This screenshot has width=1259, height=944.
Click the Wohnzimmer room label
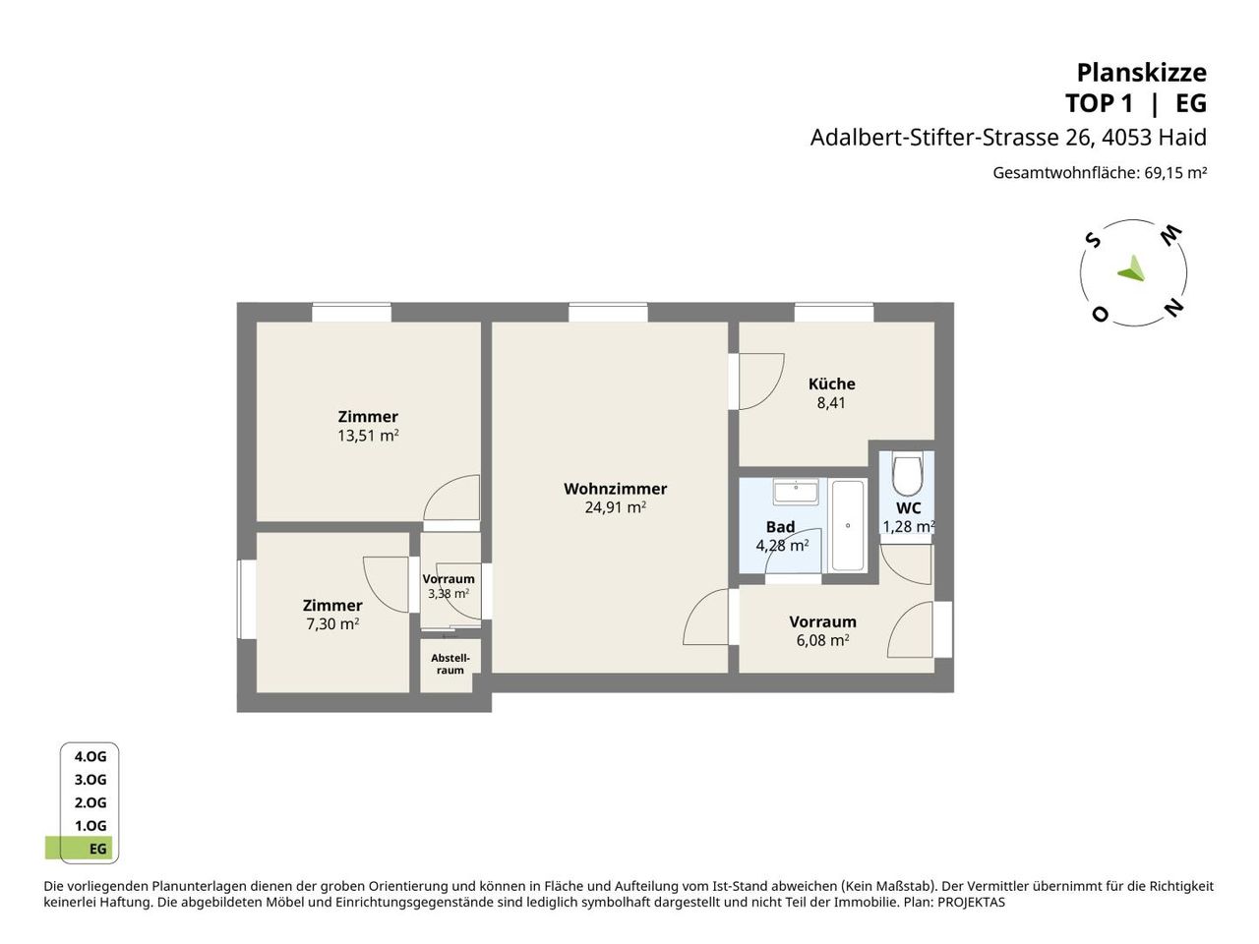tap(615, 489)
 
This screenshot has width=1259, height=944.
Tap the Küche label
tap(831, 383)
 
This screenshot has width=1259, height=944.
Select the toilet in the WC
tap(907, 475)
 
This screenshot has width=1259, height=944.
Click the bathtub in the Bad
tap(848, 525)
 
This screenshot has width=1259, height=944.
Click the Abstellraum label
tap(450, 664)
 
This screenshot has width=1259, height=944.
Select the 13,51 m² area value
tap(368, 435)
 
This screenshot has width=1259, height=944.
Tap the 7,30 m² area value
tap(332, 623)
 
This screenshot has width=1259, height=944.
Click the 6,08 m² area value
tap(822, 639)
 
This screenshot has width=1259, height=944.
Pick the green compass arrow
tap(1132, 269)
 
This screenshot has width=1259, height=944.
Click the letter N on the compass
tap(1173, 307)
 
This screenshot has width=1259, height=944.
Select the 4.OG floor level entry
tap(90, 756)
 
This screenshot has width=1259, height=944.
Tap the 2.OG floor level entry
tap(90, 802)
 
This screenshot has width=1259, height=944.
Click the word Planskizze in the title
tap(1141, 73)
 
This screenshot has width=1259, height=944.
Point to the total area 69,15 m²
tap(1175, 172)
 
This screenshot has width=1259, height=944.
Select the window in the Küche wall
tap(834, 313)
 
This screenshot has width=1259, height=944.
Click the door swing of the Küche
tap(761, 382)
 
